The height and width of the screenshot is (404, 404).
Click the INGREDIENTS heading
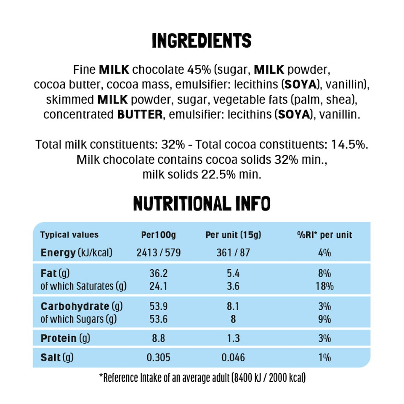coord(202,41)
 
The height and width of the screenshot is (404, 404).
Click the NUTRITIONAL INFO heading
coord(202,203)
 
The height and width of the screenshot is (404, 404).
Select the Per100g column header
coord(159,235)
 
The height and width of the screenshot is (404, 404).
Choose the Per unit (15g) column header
coord(233,235)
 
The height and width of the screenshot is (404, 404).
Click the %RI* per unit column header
coord(324,235)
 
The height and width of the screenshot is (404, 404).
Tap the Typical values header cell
coord(69,235)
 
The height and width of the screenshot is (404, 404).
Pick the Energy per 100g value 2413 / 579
coord(159,253)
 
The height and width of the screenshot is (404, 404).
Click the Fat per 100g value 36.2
coord(159,273)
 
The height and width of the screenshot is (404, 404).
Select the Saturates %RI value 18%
coord(324,287)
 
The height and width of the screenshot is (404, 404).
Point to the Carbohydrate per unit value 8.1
coord(233,306)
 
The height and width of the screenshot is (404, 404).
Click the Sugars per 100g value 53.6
coord(159,319)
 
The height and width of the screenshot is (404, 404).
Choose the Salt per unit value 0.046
coord(233,358)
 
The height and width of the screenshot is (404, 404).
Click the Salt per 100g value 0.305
coord(159,358)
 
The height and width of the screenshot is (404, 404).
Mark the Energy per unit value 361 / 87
coord(233,253)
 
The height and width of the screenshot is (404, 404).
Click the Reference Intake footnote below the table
coord(202,378)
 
